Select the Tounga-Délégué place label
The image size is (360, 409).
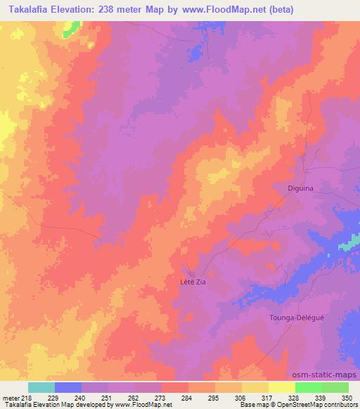[297, 318]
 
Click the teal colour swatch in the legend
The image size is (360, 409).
[42, 387]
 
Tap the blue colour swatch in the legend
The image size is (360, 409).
[69, 387]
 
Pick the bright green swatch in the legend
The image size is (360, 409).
[309, 387]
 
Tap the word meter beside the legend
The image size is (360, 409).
[10, 397]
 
